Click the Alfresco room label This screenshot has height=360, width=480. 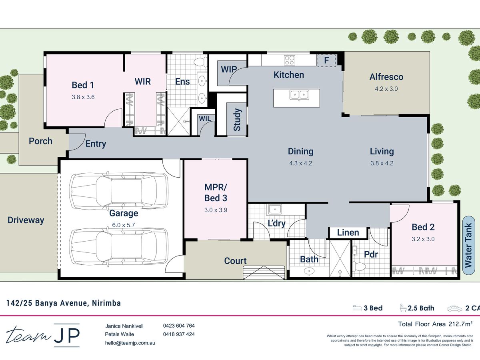386,77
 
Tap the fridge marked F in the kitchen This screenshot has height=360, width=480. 326,60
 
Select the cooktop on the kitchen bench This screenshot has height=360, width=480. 289,60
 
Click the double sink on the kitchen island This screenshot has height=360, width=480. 299,95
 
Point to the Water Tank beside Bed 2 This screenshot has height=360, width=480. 468,245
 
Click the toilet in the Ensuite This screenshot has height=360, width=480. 200,62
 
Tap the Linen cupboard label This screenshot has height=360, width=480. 348,232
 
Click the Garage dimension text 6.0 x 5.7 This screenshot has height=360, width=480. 123,225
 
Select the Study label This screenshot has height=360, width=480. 237,120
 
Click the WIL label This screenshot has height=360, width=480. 205,119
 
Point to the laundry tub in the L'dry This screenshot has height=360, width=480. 275,209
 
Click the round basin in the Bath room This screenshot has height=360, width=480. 309,271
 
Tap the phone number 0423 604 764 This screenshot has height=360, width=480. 179,326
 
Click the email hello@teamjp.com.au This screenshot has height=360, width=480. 130,343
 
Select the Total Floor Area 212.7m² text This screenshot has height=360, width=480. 435,324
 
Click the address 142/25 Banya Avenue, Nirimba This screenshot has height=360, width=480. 64,303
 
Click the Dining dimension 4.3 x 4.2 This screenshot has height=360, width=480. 300,163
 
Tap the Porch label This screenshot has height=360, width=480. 40,141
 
